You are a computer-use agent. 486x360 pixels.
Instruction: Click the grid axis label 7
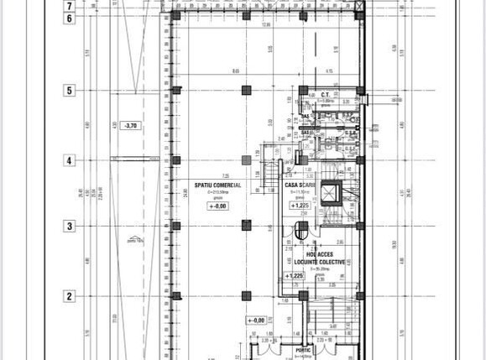pos(70,5)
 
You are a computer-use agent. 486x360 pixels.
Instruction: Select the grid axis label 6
pos(70,18)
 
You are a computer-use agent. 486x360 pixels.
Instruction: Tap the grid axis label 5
pos(70,90)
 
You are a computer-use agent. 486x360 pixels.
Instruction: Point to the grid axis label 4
pos(70,160)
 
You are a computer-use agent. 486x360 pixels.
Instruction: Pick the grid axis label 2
pos(70,295)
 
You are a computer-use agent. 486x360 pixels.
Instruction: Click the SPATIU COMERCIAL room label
pos(217,185)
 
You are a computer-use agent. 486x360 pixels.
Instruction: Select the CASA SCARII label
pos(300,185)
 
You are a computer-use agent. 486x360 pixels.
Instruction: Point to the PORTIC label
pos(302,350)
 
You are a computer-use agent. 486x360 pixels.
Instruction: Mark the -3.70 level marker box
pos(130,126)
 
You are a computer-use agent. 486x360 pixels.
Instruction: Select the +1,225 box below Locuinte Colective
pos(295,275)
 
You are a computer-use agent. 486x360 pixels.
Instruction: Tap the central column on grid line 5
pos(246,90)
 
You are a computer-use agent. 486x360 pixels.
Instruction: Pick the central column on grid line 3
pos(246,225)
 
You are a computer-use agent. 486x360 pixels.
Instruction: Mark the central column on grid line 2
pos(246,295)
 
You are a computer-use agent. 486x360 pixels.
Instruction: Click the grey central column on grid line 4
pos(246,159)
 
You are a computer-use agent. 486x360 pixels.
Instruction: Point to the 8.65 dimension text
pos(236,70)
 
